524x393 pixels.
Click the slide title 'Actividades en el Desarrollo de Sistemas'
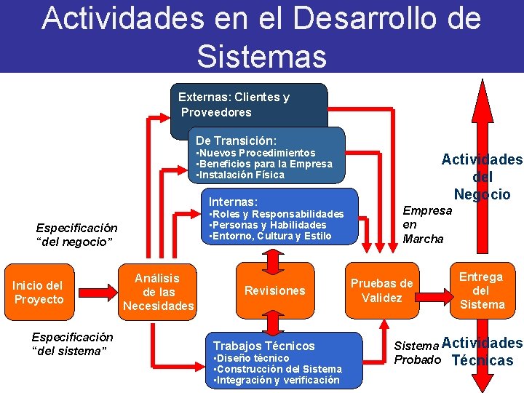click(261, 36)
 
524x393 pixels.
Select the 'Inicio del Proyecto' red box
click(39, 293)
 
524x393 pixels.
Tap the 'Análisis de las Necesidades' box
click(158, 292)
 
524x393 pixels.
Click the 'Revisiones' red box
click(274, 291)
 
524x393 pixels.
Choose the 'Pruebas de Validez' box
click(381, 291)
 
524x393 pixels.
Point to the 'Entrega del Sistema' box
click(481, 290)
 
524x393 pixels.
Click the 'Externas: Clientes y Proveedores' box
click(234, 105)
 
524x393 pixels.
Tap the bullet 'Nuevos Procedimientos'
click(257, 153)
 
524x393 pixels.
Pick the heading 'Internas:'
click(233, 202)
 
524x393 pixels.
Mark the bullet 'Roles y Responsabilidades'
click(277, 214)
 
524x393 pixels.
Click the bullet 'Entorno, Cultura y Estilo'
click(271, 236)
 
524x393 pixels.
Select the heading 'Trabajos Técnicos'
click(263, 346)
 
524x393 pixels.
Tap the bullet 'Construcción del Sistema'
click(279, 369)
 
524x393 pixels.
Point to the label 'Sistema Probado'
click(417, 352)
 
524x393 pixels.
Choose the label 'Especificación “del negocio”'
click(76, 234)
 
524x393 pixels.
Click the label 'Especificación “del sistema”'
click(72, 344)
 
